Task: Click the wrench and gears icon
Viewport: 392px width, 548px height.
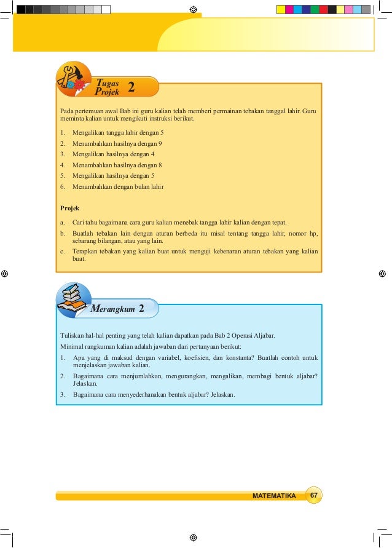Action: [x=73, y=79]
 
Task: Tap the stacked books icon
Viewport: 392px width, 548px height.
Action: [x=73, y=300]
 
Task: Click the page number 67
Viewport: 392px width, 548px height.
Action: [x=313, y=496]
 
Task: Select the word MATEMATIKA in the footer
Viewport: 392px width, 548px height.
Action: [x=274, y=496]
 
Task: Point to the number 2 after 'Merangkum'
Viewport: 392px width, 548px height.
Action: [x=142, y=308]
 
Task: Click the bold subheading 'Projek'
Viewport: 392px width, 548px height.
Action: [x=69, y=208]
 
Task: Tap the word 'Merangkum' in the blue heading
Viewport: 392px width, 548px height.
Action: [x=112, y=309]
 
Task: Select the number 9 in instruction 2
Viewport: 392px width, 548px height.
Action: [x=160, y=143]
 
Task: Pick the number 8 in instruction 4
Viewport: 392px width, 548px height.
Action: [x=160, y=165]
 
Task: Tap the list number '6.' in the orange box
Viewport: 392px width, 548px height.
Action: [x=63, y=186]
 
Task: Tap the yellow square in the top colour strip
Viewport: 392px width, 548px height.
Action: [x=281, y=9]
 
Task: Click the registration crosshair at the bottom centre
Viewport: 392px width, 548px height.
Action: [x=193, y=537]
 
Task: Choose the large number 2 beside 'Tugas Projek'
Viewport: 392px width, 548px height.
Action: [x=131, y=87]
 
